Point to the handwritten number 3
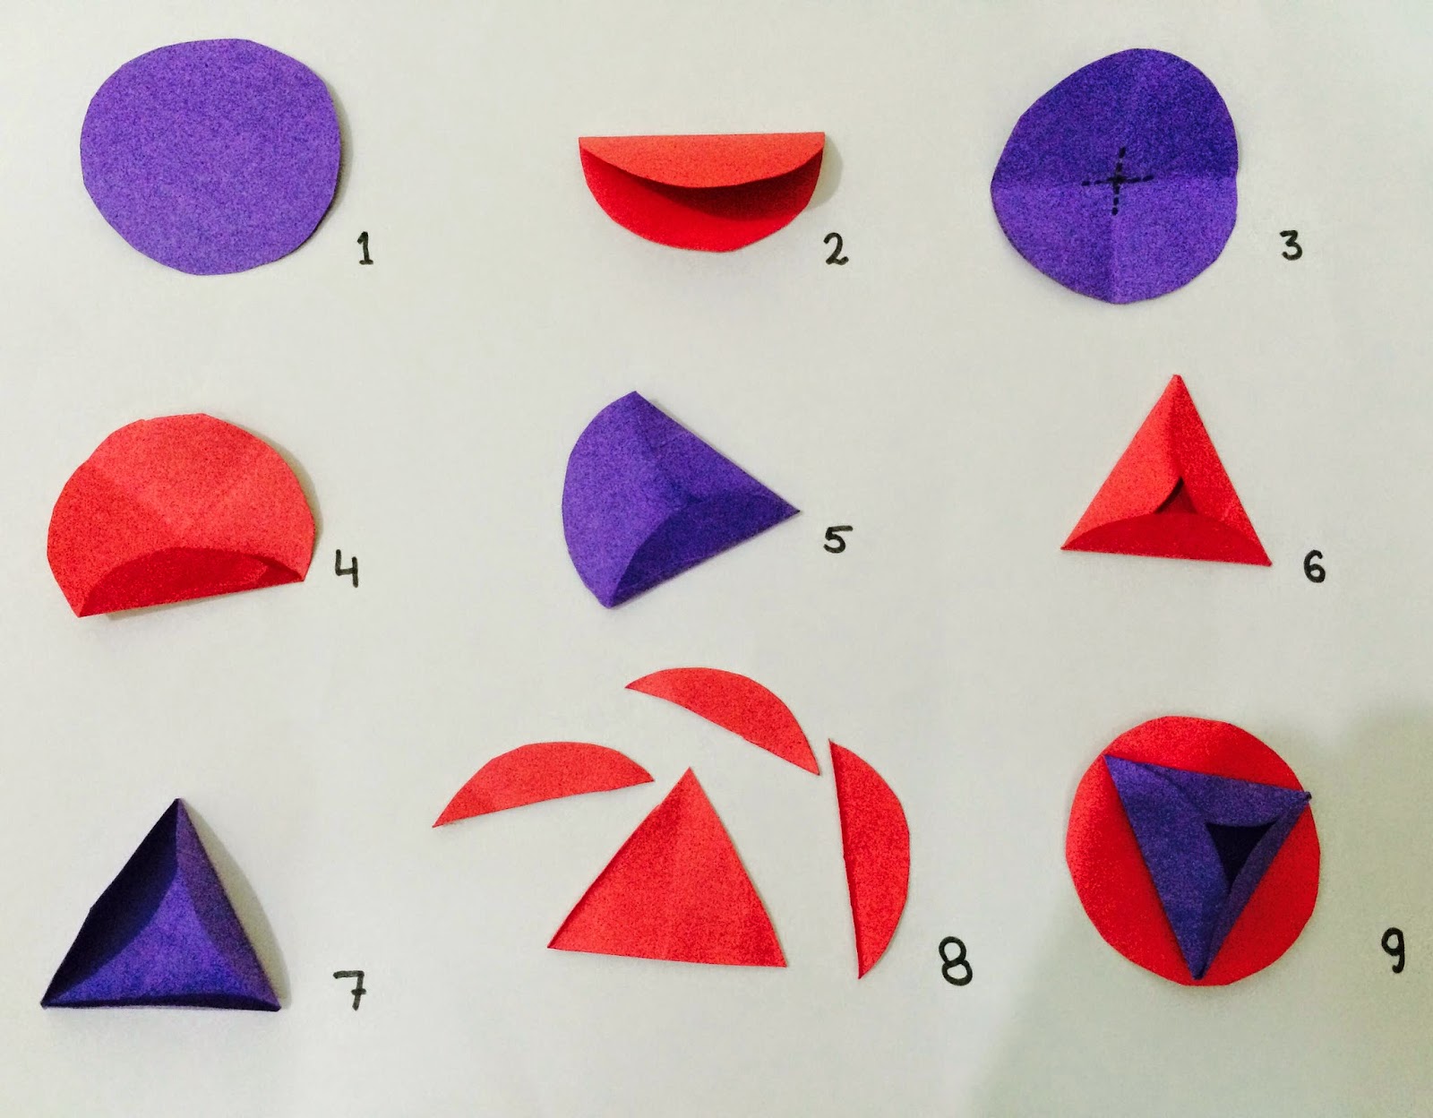[1291, 245]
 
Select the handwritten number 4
[348, 567]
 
